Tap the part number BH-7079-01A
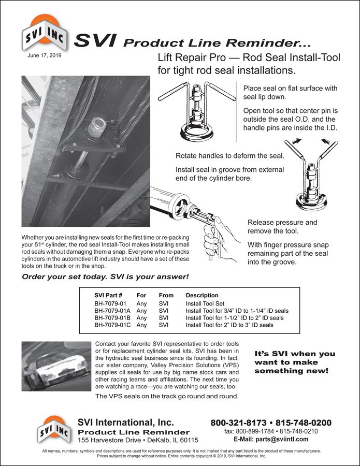[112, 311]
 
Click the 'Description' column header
[202, 295]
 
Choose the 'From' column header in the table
[166, 295]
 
